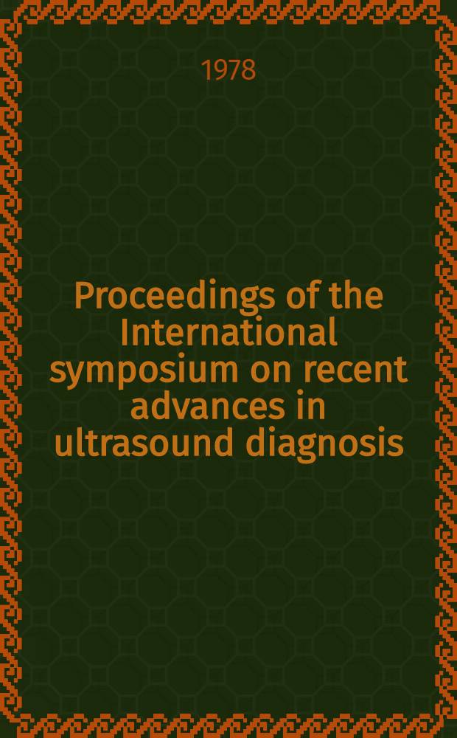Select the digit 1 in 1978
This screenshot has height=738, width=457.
(207, 72)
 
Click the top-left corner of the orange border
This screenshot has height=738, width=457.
(1, 1)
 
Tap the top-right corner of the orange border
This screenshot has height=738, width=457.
(456, 1)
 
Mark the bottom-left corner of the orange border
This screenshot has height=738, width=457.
(1, 737)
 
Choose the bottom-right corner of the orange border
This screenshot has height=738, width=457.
(456, 737)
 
